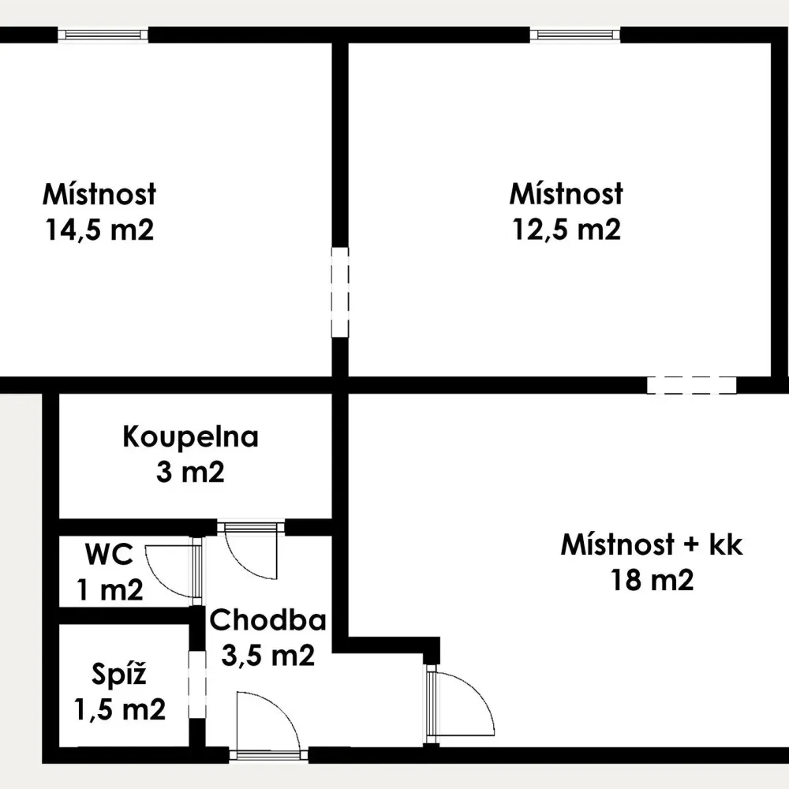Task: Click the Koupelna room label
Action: pyautogui.click(x=191, y=437)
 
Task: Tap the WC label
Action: pyautogui.click(x=110, y=554)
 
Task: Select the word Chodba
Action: pyautogui.click(x=267, y=620)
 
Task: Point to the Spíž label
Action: pyautogui.click(x=119, y=675)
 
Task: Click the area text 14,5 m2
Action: pyautogui.click(x=99, y=230)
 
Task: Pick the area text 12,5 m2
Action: pyautogui.click(x=567, y=230)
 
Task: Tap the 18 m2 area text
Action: pyautogui.click(x=653, y=580)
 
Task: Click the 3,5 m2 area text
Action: pyautogui.click(x=267, y=655)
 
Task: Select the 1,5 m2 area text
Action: pyautogui.click(x=120, y=709)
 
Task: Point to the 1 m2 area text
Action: pyautogui.click(x=110, y=589)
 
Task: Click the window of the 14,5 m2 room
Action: pyautogui.click(x=103, y=35)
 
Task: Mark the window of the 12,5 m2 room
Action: pyautogui.click(x=574, y=35)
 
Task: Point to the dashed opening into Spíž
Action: pyautogui.click(x=197, y=685)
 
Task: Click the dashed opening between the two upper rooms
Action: pyautogui.click(x=339, y=293)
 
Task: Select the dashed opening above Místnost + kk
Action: pyautogui.click(x=692, y=385)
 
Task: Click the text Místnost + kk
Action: pyautogui.click(x=652, y=544)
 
